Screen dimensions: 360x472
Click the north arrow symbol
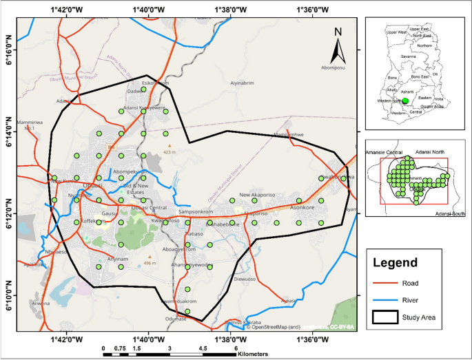(x=338, y=46)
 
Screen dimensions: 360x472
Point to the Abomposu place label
(x=334, y=67)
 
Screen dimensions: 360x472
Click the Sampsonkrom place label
(x=196, y=211)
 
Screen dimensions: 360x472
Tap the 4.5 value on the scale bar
(x=203, y=348)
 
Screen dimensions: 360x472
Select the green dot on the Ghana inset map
(x=405, y=100)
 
